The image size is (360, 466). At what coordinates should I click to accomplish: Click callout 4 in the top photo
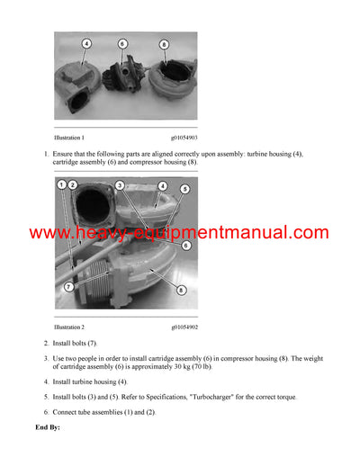[x=87, y=43]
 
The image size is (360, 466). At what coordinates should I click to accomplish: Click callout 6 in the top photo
[x=122, y=43]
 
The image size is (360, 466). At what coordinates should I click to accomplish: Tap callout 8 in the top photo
[x=164, y=44]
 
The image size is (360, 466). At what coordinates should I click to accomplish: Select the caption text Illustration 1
[x=70, y=138]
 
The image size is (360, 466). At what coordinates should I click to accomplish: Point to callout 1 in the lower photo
[x=61, y=184]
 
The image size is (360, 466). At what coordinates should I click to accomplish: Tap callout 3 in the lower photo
[x=120, y=185]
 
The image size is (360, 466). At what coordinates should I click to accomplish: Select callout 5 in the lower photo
[x=184, y=190]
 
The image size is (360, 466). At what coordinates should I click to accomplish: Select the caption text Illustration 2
[x=70, y=327]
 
